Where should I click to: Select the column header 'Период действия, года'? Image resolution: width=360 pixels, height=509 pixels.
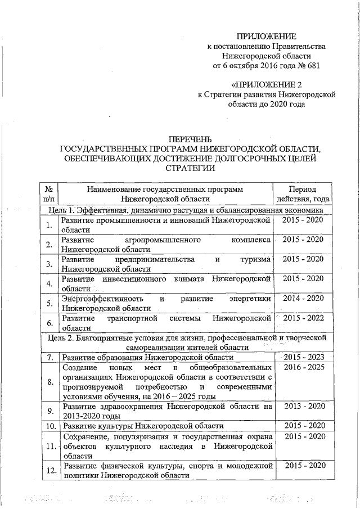point(301,193)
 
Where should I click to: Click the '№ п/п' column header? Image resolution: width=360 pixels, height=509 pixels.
point(49,193)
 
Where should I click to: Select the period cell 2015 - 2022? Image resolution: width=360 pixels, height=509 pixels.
point(303,318)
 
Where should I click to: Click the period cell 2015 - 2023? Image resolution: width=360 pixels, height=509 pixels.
point(303,357)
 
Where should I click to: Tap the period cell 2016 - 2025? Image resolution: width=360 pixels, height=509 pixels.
point(303,367)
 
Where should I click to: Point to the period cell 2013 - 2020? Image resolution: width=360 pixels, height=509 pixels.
point(303,406)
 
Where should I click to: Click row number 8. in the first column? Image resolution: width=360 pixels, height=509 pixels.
point(49,382)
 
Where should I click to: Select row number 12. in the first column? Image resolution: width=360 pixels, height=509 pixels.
point(49,470)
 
